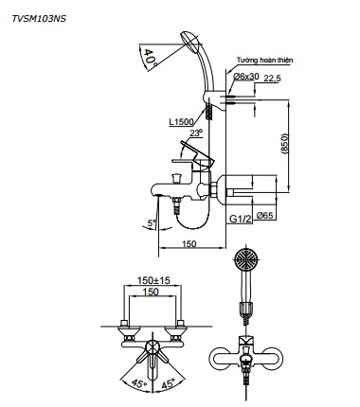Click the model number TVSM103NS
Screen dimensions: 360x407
click(39, 19)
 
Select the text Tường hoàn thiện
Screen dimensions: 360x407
click(264, 60)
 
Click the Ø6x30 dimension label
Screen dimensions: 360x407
click(246, 76)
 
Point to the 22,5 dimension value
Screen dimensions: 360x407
click(272, 79)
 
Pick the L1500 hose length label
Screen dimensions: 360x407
click(181, 121)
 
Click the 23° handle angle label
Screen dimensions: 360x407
click(196, 133)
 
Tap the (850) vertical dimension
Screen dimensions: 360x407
click(284, 144)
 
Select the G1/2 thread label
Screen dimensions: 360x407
click(241, 219)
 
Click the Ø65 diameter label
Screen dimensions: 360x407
click(264, 216)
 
